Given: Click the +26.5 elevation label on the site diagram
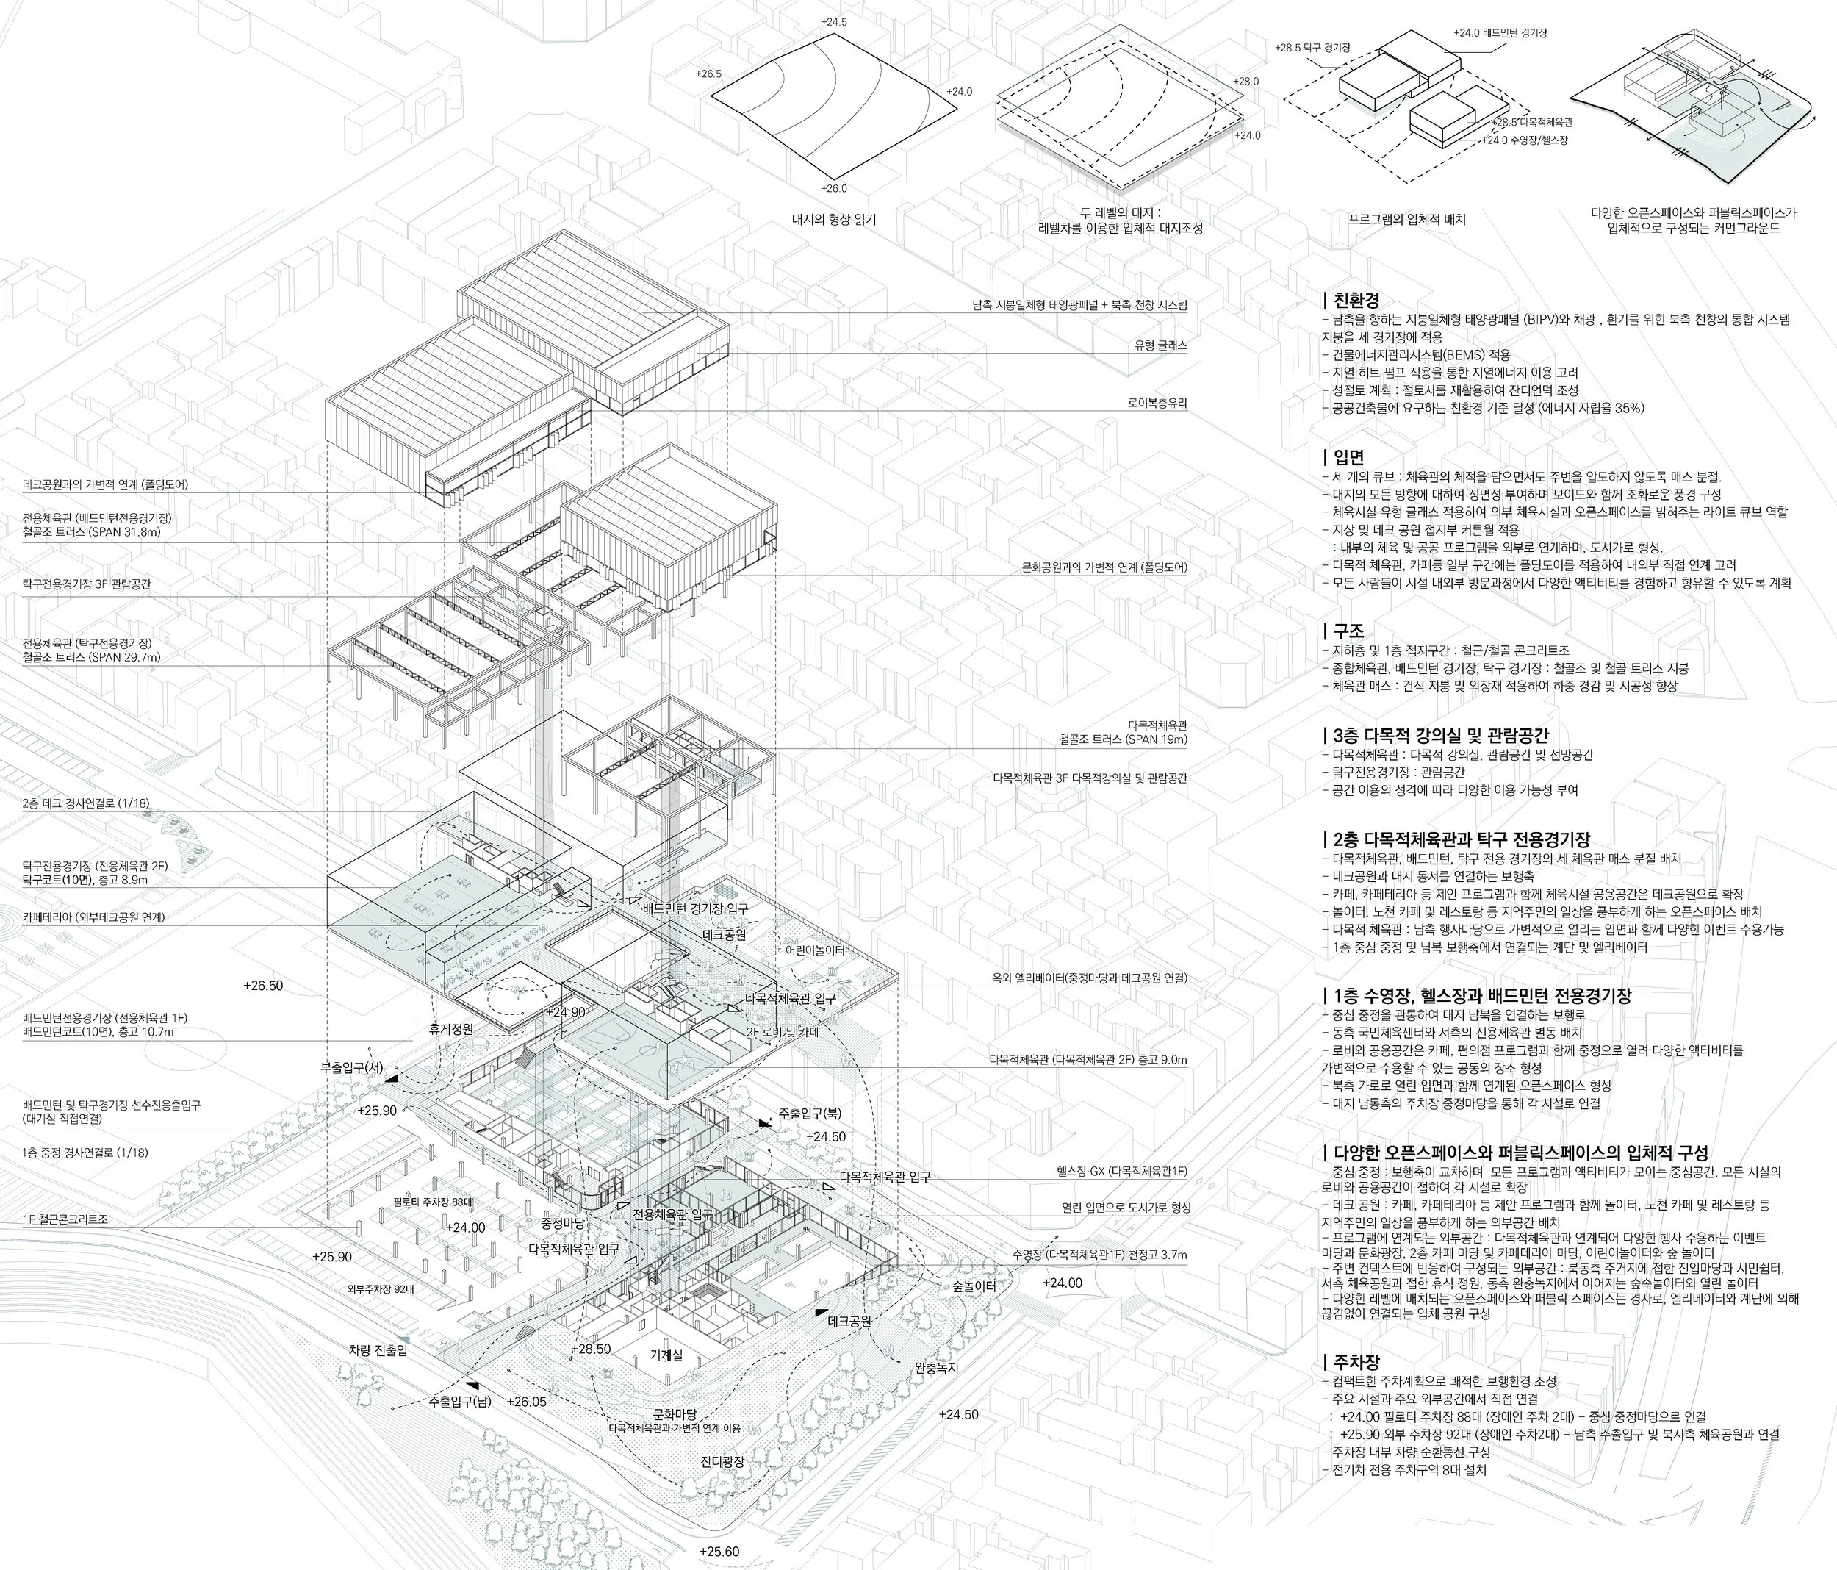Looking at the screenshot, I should point(709,74).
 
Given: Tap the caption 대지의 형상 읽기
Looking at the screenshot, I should point(833,219).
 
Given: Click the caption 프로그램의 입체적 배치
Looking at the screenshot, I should point(1406,219).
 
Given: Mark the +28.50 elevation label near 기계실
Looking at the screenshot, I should point(592,1349).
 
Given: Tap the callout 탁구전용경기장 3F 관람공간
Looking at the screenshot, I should point(87,584).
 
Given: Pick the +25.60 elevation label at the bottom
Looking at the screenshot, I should point(719,1552).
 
